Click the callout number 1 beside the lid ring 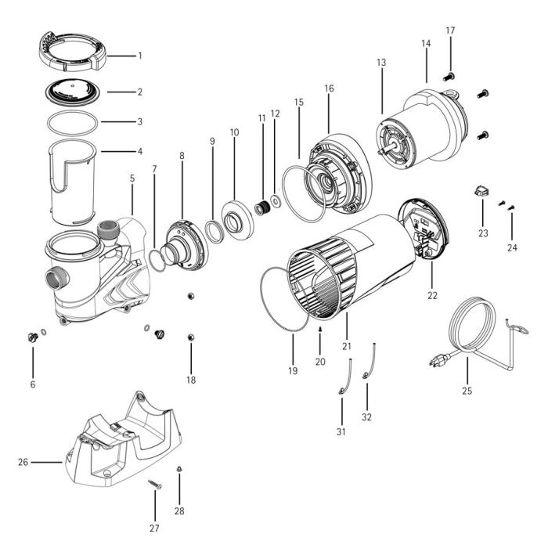coord(139,56)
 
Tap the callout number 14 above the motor coord(426,44)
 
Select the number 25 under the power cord coord(467,389)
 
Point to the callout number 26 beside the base coord(23,462)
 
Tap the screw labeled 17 coord(450,76)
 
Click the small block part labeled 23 coord(481,190)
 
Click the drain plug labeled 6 coord(32,337)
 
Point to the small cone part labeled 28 coord(178,469)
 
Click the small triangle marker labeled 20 coord(320,330)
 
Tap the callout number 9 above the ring coord(211,141)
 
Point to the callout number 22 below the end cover coord(432,296)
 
